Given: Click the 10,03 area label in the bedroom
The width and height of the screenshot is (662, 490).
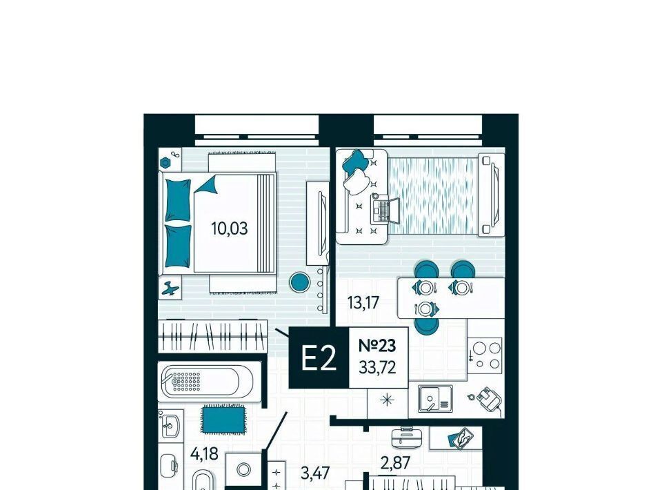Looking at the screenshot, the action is point(229,228).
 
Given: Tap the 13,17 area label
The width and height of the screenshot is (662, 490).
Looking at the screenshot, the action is point(363,302).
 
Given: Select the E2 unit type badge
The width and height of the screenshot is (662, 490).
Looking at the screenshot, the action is point(319,357).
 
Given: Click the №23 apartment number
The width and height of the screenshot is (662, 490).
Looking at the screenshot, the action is point(377,346).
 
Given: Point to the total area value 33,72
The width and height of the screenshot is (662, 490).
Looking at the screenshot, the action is point(377,367).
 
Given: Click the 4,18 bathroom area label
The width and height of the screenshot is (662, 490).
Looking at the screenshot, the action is point(204,454).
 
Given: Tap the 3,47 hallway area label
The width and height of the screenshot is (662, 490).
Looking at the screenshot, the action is point(315,473).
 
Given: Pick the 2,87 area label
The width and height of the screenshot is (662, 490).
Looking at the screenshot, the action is point(395,463).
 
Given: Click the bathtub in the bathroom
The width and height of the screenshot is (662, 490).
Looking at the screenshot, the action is point(208,382).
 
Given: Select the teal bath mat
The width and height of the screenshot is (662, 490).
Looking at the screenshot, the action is point(223,419).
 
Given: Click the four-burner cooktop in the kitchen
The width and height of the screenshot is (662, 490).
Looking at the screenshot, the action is point(485,355).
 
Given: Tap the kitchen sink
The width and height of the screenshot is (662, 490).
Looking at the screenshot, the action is point(435,398).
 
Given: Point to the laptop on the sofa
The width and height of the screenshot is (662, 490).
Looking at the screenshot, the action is point(385,210).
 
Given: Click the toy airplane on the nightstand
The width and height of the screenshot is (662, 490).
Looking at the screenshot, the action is point(170,288).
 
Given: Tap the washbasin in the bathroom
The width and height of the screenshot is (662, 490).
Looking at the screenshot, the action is point(170,424).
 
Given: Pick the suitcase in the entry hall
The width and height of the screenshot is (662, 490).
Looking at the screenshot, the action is point(405,438).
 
